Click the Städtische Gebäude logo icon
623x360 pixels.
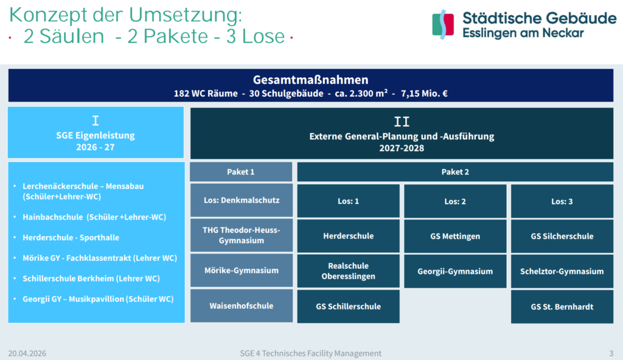tap(443, 25)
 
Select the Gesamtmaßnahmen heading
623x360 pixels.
tap(311, 80)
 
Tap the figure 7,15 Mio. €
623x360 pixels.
tap(424, 94)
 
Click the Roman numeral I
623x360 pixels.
tap(96, 120)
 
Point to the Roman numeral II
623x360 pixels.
tap(402, 122)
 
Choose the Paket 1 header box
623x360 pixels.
tap(241, 171)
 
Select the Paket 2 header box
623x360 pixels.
tap(455, 171)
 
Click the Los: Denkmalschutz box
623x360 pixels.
tap(242, 200)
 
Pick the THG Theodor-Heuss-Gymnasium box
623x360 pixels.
tap(242, 235)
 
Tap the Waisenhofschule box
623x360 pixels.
tap(242, 305)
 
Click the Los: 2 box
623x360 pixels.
tap(455, 201)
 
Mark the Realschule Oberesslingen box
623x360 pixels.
tap(349, 271)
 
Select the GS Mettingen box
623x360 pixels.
tap(455, 236)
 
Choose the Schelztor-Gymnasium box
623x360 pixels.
tap(562, 271)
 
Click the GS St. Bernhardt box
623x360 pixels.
tap(562, 306)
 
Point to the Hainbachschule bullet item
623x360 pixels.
tap(94, 217)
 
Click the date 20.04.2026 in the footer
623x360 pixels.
tap(27, 353)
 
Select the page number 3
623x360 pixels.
tap(611, 353)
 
